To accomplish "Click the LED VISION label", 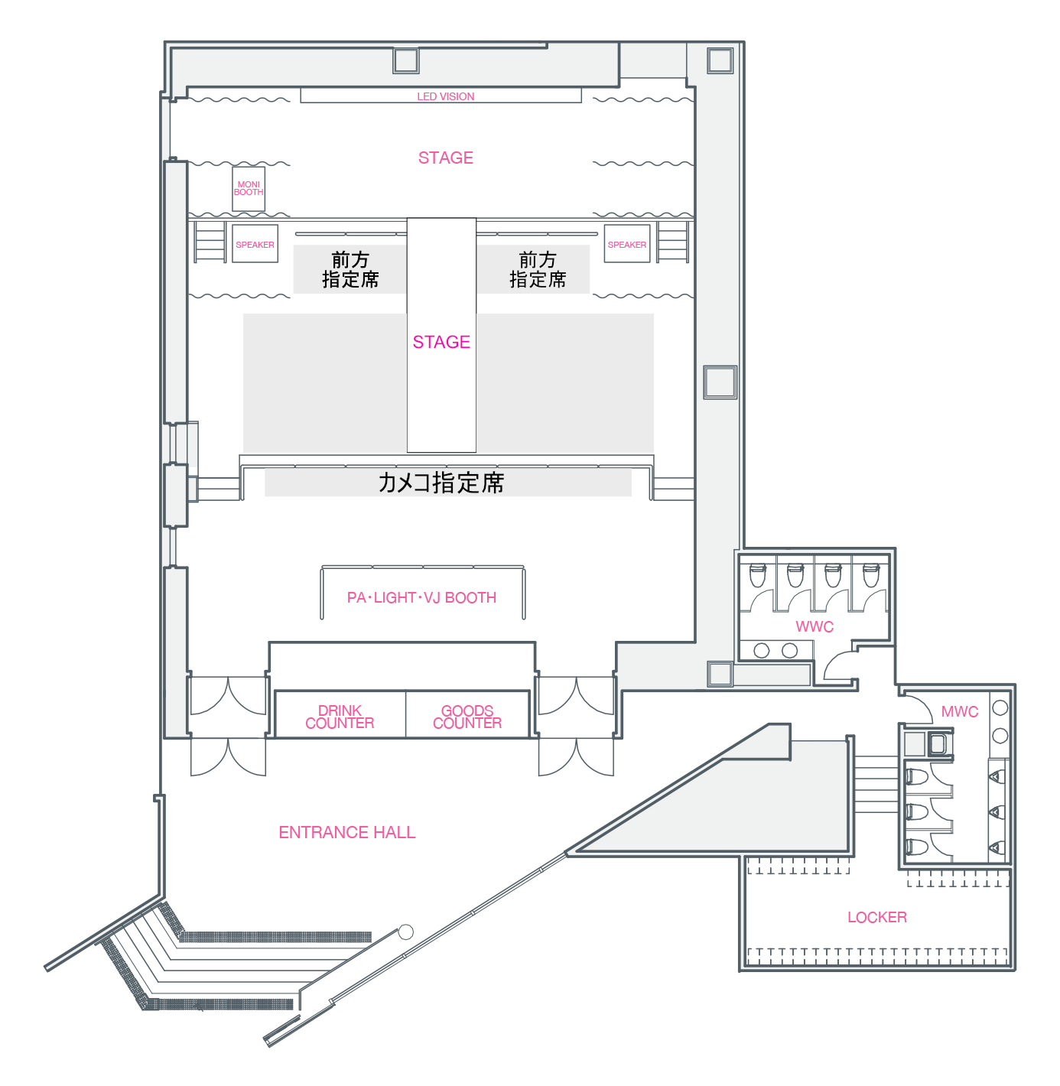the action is coord(445,96).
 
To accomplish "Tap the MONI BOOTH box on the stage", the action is coord(249,189).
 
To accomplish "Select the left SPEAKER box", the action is coord(255,243).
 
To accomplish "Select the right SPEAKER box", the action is coord(627,243).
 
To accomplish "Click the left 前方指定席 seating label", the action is coord(350,269).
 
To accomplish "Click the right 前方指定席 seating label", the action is coord(538,269).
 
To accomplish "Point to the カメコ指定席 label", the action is coord(441,482).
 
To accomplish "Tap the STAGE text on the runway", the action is coord(441,342).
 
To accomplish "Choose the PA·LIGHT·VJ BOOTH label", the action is coord(421,598).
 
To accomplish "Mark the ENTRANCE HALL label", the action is coord(346,832).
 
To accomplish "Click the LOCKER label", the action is coord(877,917).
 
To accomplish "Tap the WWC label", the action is coord(815,626).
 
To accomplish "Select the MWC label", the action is coord(960,711).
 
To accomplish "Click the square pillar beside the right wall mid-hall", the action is coord(720,382).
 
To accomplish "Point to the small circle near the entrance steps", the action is coord(406,932).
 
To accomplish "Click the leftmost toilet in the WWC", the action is coord(757,575).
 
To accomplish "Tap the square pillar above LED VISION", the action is coord(406,60).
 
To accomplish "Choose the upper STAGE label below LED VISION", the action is coord(445,158).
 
